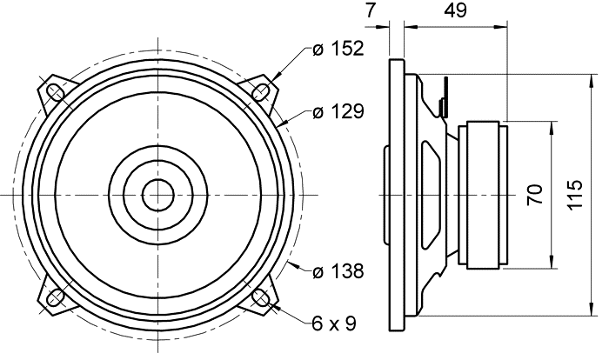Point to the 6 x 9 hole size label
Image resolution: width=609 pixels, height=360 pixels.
click(334, 323)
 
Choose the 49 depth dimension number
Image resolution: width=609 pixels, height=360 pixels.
click(455, 11)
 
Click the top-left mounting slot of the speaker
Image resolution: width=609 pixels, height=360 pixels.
click(55, 91)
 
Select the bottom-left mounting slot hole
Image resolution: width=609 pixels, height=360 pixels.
click(55, 298)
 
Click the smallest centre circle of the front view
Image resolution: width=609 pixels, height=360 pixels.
click(157, 195)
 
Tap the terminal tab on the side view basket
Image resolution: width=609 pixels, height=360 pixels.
click(445, 96)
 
